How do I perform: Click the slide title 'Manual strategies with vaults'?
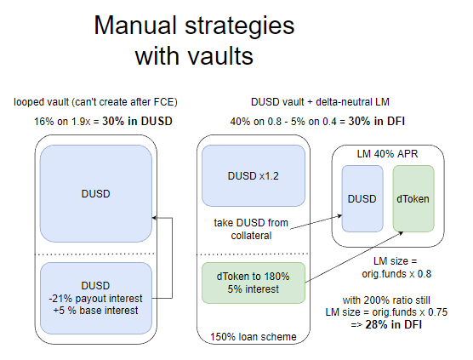click(193, 41)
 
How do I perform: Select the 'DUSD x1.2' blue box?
click(253, 175)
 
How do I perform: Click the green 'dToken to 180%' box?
click(253, 282)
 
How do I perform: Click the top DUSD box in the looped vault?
click(95, 192)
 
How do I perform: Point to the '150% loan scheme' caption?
click(253, 336)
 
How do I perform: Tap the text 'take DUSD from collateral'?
click(253, 227)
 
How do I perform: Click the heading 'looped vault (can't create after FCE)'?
click(95, 103)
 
